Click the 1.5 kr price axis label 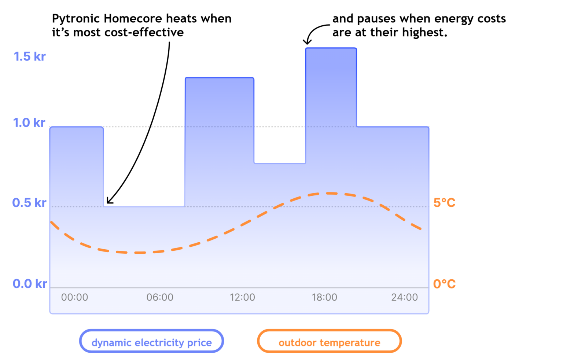[30, 56]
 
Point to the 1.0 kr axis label [29, 123]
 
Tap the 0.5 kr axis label [29, 203]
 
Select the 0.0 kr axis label [30, 284]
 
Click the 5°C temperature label [444, 203]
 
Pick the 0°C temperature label [444, 284]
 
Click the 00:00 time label [75, 297]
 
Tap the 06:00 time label [160, 297]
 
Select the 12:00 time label [242, 297]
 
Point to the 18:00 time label [324, 297]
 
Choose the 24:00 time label [404, 297]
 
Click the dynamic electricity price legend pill [151, 341]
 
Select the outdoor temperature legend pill [329, 341]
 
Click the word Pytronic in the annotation [76, 19]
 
